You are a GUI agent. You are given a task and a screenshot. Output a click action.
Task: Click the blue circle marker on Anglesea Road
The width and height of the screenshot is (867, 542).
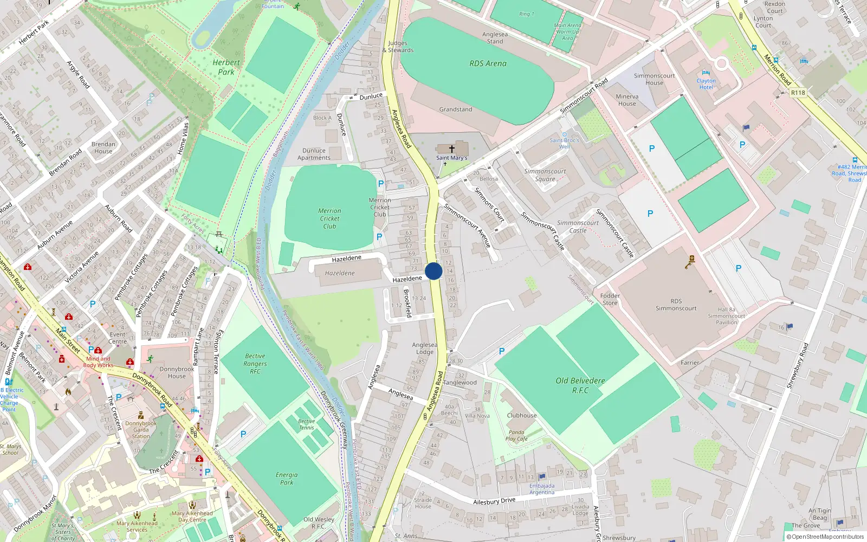coord(433,271)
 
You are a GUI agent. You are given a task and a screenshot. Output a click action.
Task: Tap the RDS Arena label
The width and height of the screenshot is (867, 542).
coord(488,63)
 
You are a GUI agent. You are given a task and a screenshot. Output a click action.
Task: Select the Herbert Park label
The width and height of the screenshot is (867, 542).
coord(226,67)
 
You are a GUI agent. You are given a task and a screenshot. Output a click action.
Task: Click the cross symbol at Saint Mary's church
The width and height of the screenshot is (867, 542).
coord(451,149)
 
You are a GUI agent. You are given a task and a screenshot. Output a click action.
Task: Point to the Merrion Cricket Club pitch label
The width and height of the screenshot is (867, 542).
coord(329,218)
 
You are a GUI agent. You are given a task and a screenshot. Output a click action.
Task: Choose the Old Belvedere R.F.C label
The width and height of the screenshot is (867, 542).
coord(580,385)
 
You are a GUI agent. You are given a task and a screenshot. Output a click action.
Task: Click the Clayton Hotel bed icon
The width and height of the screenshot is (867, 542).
coord(706,73)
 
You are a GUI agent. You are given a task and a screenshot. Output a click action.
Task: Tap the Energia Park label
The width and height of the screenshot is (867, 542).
coord(287,479)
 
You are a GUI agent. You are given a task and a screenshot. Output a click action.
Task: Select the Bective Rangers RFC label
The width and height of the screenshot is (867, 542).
coord(255,364)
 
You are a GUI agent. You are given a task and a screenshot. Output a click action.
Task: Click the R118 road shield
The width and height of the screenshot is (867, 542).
coord(798,93)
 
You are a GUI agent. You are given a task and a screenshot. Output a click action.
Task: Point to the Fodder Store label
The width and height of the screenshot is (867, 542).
coord(610,299)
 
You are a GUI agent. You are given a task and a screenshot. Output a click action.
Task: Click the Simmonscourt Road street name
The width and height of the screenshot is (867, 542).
coord(584,96)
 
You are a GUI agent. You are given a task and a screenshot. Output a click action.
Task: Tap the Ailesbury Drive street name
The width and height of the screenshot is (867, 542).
coord(494,501)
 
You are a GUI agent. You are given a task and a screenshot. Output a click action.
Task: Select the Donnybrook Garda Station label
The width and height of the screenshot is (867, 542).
coord(141,430)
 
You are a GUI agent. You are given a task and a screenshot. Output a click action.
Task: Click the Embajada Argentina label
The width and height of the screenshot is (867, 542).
coord(542,489)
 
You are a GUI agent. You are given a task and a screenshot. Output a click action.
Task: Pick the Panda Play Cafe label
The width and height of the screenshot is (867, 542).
coord(516,436)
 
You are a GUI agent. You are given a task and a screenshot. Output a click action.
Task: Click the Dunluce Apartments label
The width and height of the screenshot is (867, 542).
coord(314,154)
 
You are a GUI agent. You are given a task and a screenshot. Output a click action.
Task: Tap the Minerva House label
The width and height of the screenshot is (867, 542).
coord(627,100)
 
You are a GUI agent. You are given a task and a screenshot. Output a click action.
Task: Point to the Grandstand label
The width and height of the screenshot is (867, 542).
coord(455,109)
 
